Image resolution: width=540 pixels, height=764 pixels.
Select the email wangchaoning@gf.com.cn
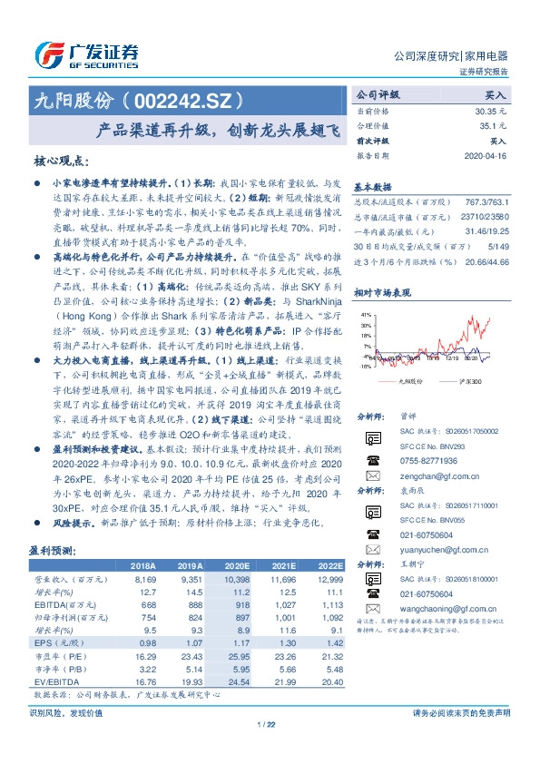445,625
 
